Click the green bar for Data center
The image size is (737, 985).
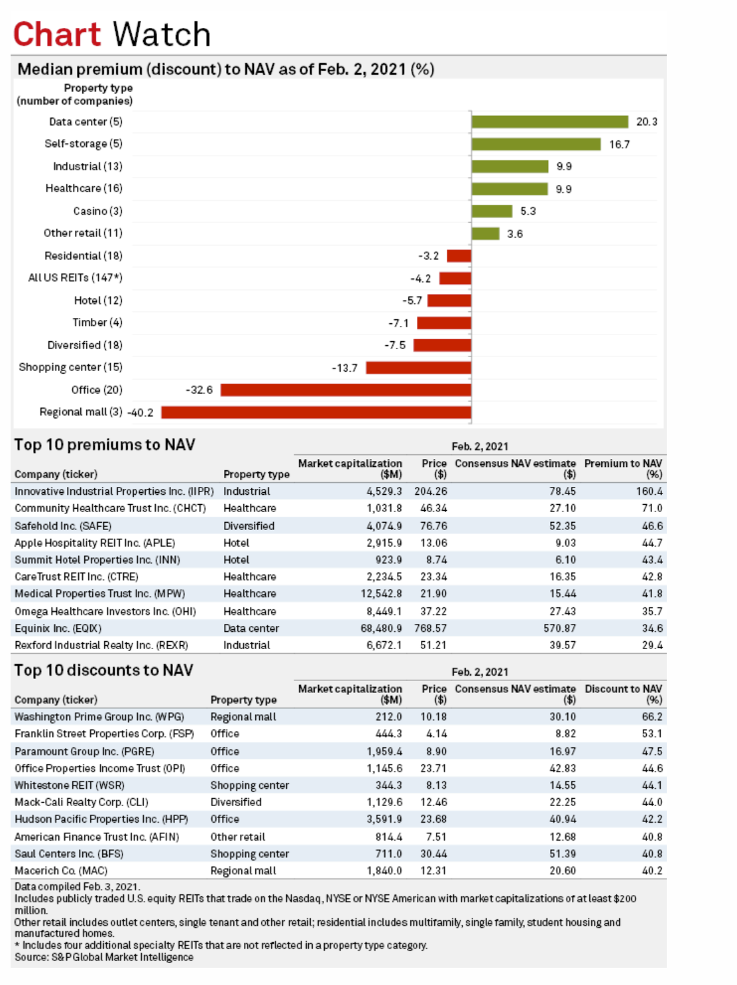click(550, 122)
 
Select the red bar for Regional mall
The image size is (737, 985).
click(316, 412)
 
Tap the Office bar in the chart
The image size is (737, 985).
click(346, 390)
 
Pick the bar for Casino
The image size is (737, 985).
click(492, 211)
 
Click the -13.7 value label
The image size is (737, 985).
click(345, 368)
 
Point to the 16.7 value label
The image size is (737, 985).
click(620, 144)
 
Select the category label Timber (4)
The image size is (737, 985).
click(97, 323)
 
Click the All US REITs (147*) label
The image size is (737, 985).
click(75, 278)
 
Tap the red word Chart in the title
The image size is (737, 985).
click(58, 34)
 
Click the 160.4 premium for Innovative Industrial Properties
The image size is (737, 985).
click(649, 492)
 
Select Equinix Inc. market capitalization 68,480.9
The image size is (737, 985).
click(381, 628)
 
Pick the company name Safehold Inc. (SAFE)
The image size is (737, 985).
click(63, 526)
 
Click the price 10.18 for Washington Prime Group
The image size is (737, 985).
click(433, 717)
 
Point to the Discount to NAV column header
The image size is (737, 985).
click(624, 694)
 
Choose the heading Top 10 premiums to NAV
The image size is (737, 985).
click(105, 444)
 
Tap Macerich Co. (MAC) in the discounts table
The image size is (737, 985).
click(61, 870)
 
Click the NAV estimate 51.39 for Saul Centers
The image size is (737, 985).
click(563, 854)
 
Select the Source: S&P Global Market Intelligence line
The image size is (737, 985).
click(103, 957)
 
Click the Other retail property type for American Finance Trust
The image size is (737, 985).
click(238, 837)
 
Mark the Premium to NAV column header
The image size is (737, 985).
click(624, 468)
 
